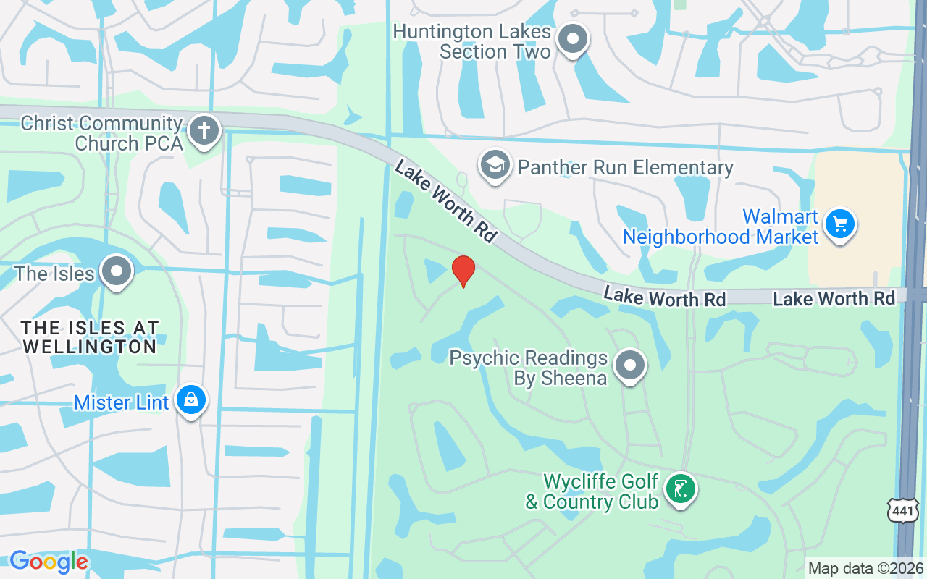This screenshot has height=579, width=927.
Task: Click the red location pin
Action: pos(463,271)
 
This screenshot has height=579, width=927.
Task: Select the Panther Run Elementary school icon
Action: pos(495,166)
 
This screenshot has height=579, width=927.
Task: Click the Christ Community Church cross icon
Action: pos(204,132)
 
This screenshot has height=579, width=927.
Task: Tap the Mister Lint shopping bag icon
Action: pos(191,400)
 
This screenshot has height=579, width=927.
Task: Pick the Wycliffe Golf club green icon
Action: pos(680,489)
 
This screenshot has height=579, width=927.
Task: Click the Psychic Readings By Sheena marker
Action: pos(630,365)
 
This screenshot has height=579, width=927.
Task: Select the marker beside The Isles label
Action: pos(116,271)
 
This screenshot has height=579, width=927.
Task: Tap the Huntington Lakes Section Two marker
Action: pos(574,40)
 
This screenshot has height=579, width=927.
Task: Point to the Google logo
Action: pos(49,562)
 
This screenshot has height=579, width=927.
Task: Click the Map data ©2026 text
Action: pos(865,568)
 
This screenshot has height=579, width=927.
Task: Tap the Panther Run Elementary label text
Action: pos(625,168)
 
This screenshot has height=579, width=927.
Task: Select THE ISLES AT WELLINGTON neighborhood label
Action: pos(91,337)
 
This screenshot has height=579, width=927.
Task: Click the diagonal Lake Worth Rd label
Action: pos(445,200)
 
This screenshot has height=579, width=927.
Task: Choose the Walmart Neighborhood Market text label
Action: pos(721,227)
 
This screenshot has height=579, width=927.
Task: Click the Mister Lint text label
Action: pos(121,402)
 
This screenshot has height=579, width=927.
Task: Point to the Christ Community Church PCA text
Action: pos(101,133)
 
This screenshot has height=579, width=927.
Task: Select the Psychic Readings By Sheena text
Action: pos(528,368)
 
